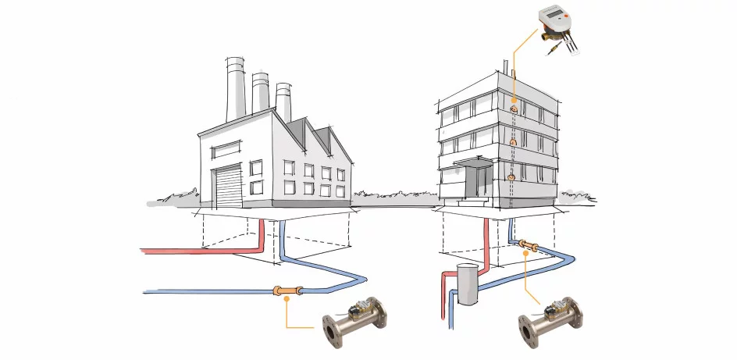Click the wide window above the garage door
pos(227,148)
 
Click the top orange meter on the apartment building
pos(514,109)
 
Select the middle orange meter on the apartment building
pos(513,144)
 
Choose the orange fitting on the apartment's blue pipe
pos(528,248)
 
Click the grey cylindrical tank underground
pos(467,284)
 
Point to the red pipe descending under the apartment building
pos(486,242)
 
